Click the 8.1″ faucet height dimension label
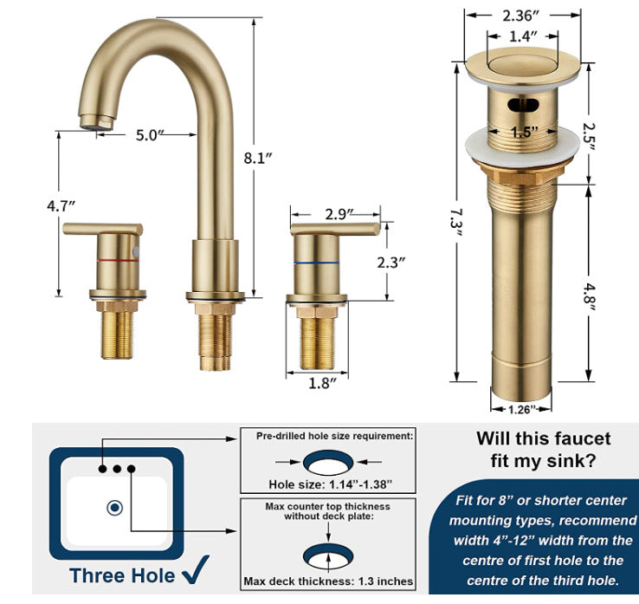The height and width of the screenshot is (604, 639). [257, 158]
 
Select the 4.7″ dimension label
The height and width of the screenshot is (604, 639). [61, 206]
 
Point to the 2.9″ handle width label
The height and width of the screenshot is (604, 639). [339, 214]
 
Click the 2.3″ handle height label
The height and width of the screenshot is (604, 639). [391, 263]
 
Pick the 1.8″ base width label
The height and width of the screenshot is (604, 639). [323, 383]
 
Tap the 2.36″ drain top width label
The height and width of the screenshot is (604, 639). [520, 16]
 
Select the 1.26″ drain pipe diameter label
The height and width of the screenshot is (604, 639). [521, 409]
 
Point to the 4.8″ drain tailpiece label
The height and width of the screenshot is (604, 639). [588, 297]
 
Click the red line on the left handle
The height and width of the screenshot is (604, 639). [118, 260]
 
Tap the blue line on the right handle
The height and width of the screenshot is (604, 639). [316, 263]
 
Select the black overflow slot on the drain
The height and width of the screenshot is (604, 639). [523, 105]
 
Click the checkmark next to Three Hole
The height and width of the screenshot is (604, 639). [196, 568]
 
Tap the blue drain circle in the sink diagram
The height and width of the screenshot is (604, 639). [114, 508]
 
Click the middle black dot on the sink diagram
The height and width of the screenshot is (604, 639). [117, 469]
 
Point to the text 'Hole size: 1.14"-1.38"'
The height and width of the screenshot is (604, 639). [330, 484]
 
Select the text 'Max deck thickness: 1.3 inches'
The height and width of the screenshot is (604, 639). [328, 581]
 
